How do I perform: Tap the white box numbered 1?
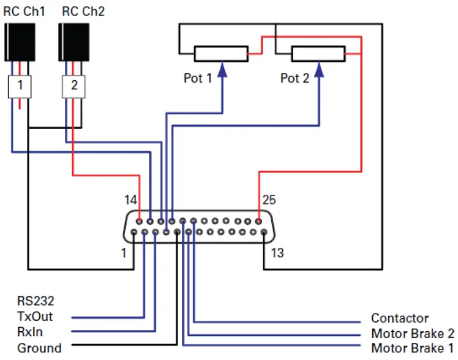coord(20,86)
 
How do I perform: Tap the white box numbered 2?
coord(74,86)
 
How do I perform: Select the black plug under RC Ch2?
coord(74,42)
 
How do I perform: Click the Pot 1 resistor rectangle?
coord(220,54)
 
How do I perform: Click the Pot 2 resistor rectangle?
coord(318,54)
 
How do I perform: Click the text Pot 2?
coord(295,78)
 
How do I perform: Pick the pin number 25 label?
coord(269,200)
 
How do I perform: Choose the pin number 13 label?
coord(277,252)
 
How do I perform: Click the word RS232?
coord(36,301)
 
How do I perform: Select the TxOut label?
coord(34,317)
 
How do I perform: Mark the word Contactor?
coord(400,318)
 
